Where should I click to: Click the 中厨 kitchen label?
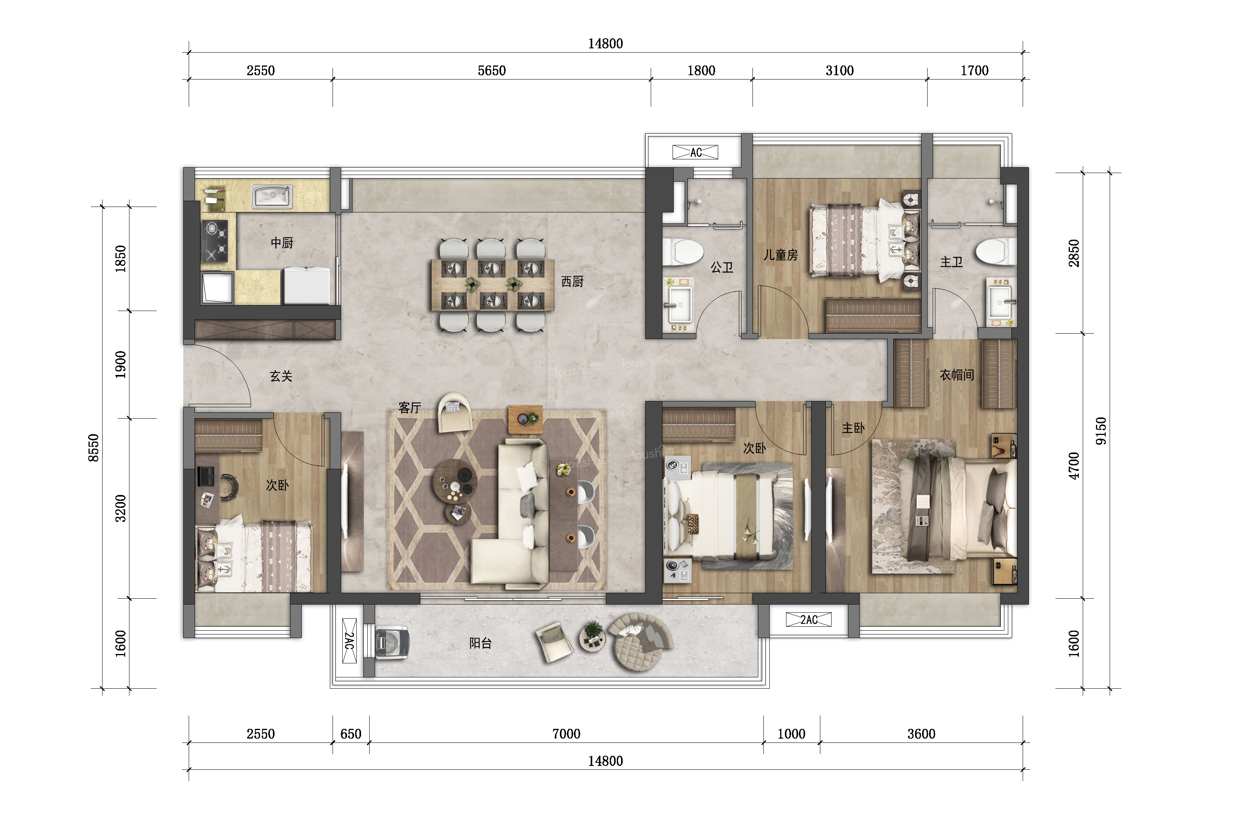tap(282, 243)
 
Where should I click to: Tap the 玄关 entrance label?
tap(281, 376)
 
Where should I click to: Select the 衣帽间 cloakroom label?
tap(956, 375)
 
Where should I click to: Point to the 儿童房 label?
tap(780, 255)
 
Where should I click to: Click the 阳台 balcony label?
tap(480, 643)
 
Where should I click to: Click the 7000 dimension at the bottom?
tap(567, 734)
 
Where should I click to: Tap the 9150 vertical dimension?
tap(1101, 431)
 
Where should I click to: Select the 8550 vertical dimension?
tap(93, 448)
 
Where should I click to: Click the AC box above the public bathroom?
tap(696, 152)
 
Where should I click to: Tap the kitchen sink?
tap(272, 196)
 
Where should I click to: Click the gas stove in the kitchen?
tap(215, 240)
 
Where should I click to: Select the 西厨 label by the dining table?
tap(572, 281)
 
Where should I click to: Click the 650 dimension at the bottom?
tap(351, 734)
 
